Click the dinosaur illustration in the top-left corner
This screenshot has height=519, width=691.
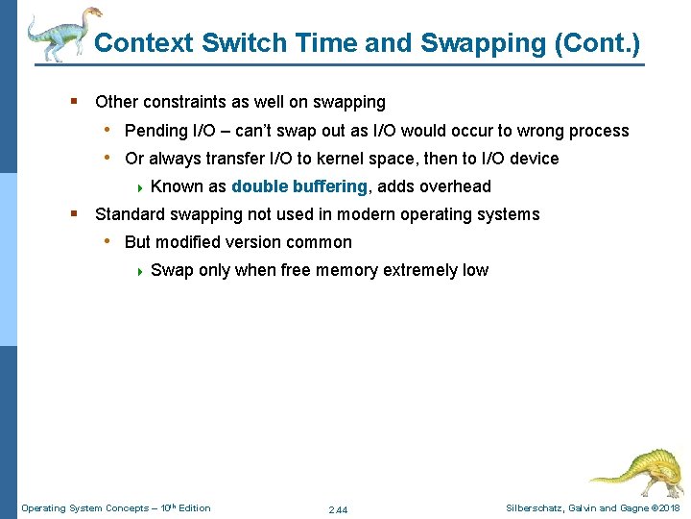[60, 34]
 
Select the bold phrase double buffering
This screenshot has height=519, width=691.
[299, 186]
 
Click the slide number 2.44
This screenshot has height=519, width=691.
[338, 509]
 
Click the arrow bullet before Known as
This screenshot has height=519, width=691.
[140, 187]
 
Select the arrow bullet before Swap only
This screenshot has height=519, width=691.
[140, 271]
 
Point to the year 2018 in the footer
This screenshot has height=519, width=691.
[668, 507]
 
